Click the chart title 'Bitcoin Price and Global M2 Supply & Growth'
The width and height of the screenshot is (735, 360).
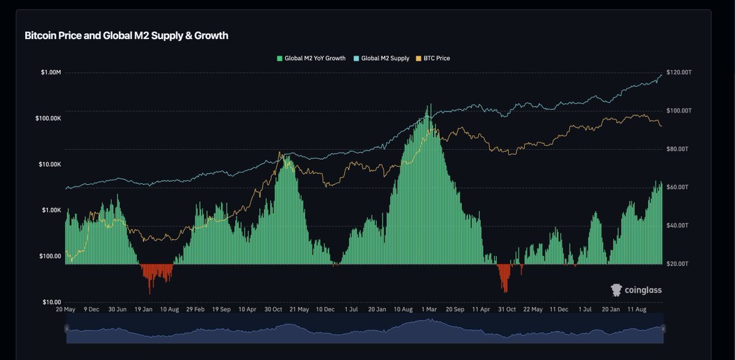pos(126,36)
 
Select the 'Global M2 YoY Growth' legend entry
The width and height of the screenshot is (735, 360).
pos(311,58)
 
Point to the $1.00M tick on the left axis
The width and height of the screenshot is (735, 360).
pos(51,73)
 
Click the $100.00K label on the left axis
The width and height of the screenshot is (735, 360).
pos(48,118)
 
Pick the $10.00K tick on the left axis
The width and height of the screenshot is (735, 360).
pos(50,165)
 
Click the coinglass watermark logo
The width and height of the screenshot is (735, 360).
pos(636,290)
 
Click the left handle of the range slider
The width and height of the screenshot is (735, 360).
pos(66,329)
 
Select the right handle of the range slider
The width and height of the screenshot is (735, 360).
pos(663,329)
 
